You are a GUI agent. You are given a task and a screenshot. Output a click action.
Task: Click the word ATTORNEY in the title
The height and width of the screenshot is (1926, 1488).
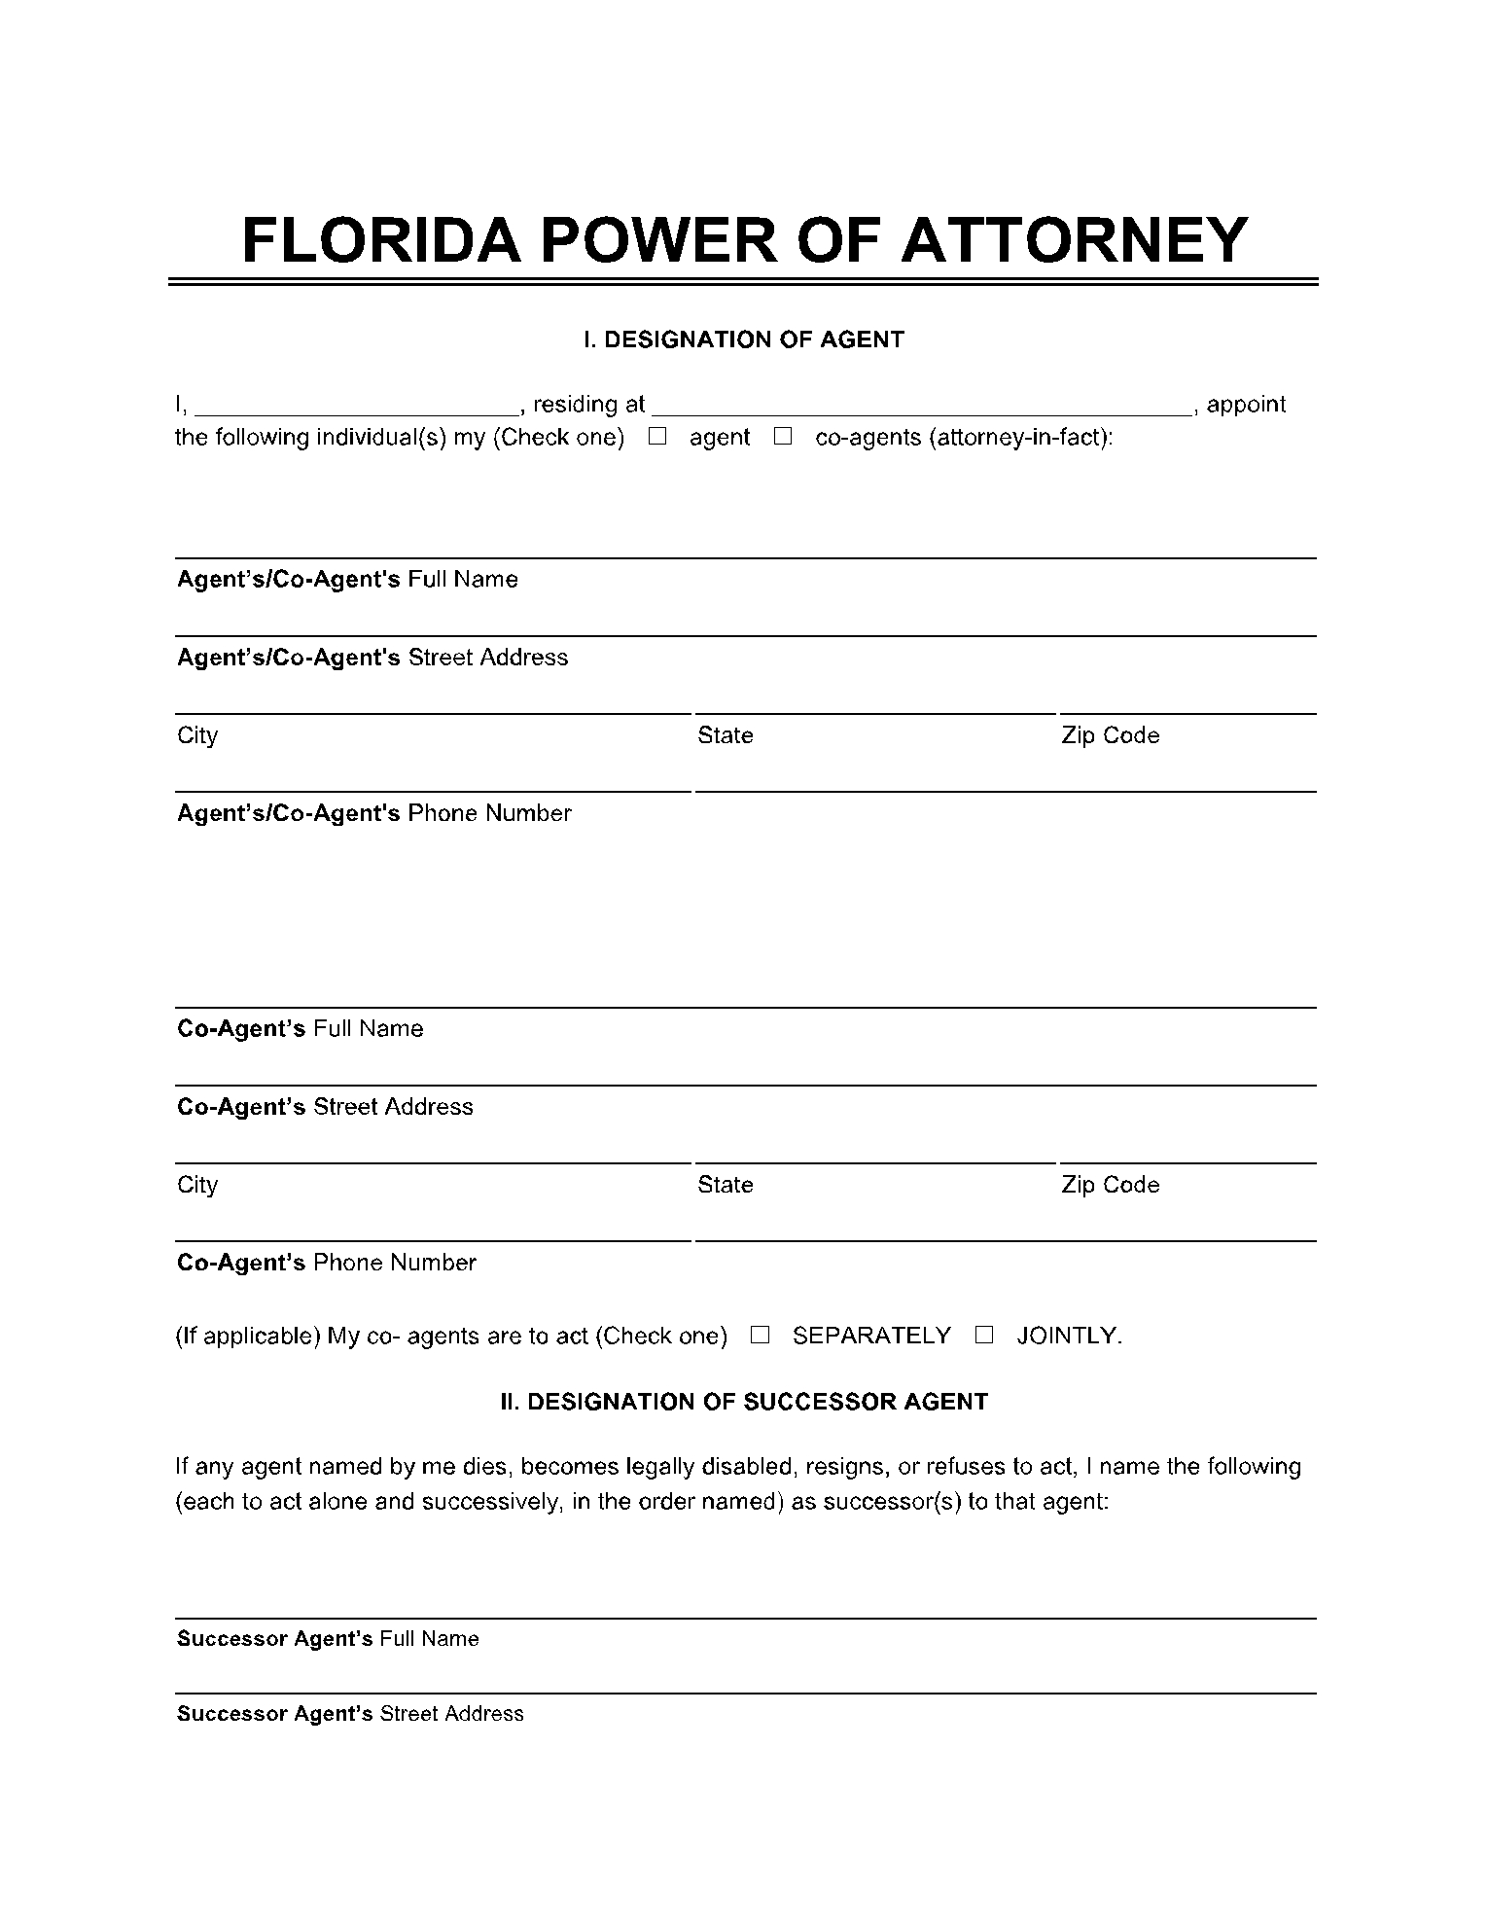(1075, 239)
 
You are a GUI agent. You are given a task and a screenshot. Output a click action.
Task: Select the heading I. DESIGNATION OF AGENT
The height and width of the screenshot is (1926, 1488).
(744, 339)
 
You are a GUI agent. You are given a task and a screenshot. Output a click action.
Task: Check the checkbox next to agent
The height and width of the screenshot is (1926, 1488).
(658, 437)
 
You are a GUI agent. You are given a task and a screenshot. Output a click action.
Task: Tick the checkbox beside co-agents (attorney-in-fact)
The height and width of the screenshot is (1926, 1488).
(783, 437)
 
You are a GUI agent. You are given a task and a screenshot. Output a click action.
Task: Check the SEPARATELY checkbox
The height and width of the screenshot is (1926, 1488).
(761, 1336)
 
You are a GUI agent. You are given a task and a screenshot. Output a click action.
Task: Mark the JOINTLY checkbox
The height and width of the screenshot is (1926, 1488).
(984, 1336)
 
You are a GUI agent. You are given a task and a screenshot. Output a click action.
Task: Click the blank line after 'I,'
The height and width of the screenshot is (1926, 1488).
(357, 409)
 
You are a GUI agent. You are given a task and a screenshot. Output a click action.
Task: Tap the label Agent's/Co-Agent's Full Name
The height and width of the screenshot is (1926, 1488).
(347, 580)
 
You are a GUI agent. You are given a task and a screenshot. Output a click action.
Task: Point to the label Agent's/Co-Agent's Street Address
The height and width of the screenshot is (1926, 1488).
(372, 658)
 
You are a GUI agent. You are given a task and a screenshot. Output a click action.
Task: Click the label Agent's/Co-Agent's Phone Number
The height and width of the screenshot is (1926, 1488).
(373, 813)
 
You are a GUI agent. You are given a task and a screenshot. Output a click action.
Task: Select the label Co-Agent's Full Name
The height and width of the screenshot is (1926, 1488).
(301, 1029)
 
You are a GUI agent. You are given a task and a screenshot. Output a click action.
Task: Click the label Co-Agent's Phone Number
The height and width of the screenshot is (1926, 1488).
(327, 1263)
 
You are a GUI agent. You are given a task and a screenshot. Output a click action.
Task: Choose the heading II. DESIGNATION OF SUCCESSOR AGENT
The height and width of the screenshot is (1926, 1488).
(744, 1402)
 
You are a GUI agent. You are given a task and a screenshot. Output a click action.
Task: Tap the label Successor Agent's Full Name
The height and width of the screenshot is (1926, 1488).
(328, 1639)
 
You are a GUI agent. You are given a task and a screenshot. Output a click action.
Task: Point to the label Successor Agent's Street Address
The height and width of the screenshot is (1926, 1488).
(350, 1714)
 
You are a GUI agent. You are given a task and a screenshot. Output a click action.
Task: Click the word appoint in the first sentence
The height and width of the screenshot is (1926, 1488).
(1246, 405)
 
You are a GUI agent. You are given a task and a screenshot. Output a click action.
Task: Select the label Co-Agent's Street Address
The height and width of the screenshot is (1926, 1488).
(325, 1107)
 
